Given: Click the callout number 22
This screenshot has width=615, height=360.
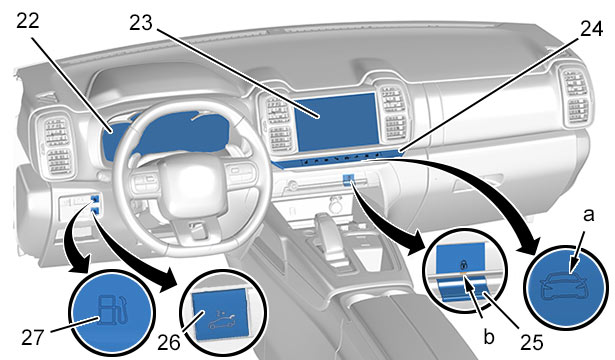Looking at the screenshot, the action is click(28, 21).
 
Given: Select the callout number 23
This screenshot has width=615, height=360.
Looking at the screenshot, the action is click(141, 23).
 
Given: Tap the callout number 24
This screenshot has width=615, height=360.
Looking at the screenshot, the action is click(591, 29).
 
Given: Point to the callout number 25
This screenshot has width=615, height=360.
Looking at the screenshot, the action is click(531, 342).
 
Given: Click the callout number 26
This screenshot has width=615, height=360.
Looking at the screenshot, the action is click(169, 342).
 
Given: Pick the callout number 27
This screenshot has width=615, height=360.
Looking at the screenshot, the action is click(33, 337).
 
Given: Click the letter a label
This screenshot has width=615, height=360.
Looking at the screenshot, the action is click(588, 215).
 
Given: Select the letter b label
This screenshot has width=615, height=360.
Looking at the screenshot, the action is click(488, 336).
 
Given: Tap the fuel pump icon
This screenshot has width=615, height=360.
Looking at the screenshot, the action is click(113, 310).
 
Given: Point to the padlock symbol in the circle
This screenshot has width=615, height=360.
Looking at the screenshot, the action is click(463, 264).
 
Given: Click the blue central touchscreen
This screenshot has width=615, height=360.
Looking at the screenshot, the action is click(336, 122).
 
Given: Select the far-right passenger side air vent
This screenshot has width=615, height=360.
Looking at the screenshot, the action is click(575, 96).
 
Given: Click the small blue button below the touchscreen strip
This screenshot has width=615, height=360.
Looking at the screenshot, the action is click(349, 179).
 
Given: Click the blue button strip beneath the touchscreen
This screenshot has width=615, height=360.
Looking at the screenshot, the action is click(337, 158).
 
